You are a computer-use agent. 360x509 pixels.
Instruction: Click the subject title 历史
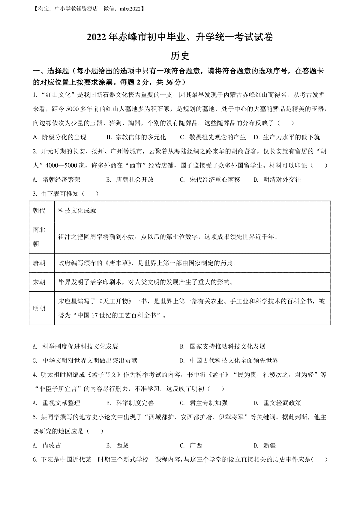click(180, 56)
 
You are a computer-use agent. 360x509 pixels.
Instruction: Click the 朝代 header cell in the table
click(39, 211)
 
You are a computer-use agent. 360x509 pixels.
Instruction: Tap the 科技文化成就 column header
click(77, 211)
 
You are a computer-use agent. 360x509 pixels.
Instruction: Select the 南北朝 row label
click(39, 237)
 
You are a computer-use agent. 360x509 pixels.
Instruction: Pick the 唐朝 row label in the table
click(39, 263)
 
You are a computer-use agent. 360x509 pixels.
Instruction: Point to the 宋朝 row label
click(39, 282)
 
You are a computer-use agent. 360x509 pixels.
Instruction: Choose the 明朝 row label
click(39, 308)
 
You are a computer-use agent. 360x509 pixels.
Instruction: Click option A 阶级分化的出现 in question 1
click(60, 137)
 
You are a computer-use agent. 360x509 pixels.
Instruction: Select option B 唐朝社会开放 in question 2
click(130, 180)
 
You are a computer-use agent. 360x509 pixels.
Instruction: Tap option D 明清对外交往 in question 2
click(277, 180)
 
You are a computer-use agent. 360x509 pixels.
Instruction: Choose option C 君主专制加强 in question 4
click(204, 403)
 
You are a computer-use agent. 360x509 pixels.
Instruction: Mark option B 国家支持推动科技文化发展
click(223, 347)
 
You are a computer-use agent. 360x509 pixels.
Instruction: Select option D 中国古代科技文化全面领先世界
click(229, 361)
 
